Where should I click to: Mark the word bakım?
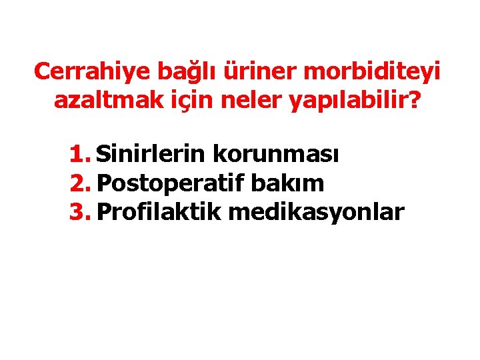click(x=293, y=183)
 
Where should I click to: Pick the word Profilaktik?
click(x=159, y=212)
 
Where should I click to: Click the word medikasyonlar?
click(x=316, y=212)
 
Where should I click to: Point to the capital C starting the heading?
click(x=41, y=71)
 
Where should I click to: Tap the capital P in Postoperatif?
click(x=104, y=183)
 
